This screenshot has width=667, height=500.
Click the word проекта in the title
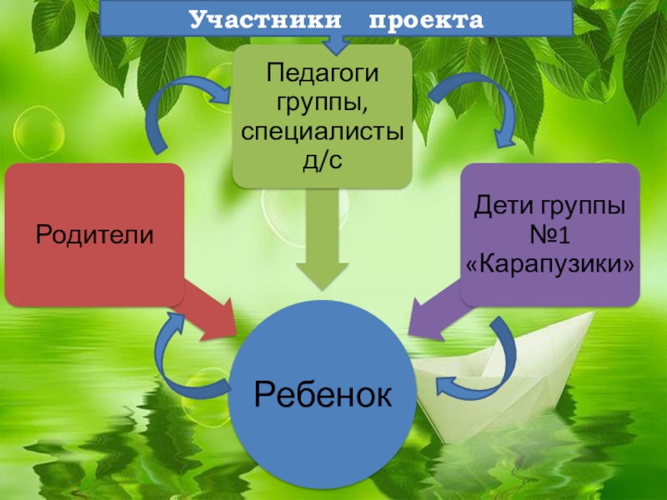click(426, 19)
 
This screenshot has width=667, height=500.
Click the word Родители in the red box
click(94, 234)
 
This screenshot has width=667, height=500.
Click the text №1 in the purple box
click(550, 235)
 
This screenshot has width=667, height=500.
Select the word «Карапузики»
click(550, 265)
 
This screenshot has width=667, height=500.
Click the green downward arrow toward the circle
click(322, 242)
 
